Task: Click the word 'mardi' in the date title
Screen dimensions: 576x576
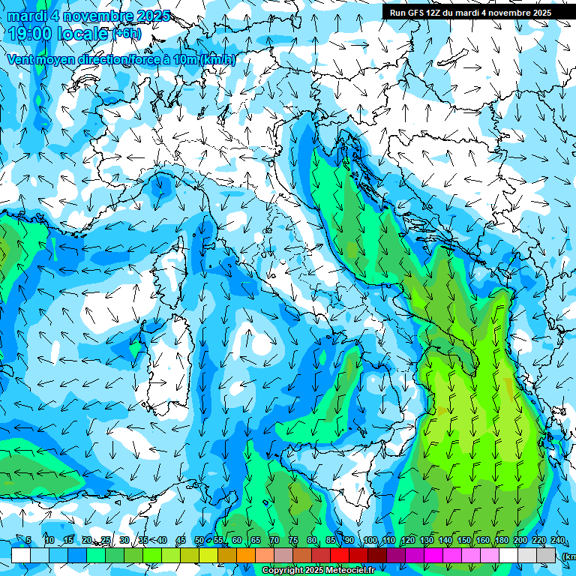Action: coord(25,16)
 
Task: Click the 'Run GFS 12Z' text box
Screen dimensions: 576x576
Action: coord(469,13)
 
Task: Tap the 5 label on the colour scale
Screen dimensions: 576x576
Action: coord(28,541)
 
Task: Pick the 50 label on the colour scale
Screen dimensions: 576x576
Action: coord(199,541)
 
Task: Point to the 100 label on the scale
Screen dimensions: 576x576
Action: coord(370,541)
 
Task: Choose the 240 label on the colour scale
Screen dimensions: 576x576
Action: coord(557,541)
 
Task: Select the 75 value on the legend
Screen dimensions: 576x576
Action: coord(292,541)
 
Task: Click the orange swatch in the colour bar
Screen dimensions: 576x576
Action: coord(245,555)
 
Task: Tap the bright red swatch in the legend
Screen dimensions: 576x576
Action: coord(340,555)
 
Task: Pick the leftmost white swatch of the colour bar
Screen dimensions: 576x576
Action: coord(21,555)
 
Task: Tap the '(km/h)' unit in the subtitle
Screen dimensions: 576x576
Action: coord(217,59)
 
